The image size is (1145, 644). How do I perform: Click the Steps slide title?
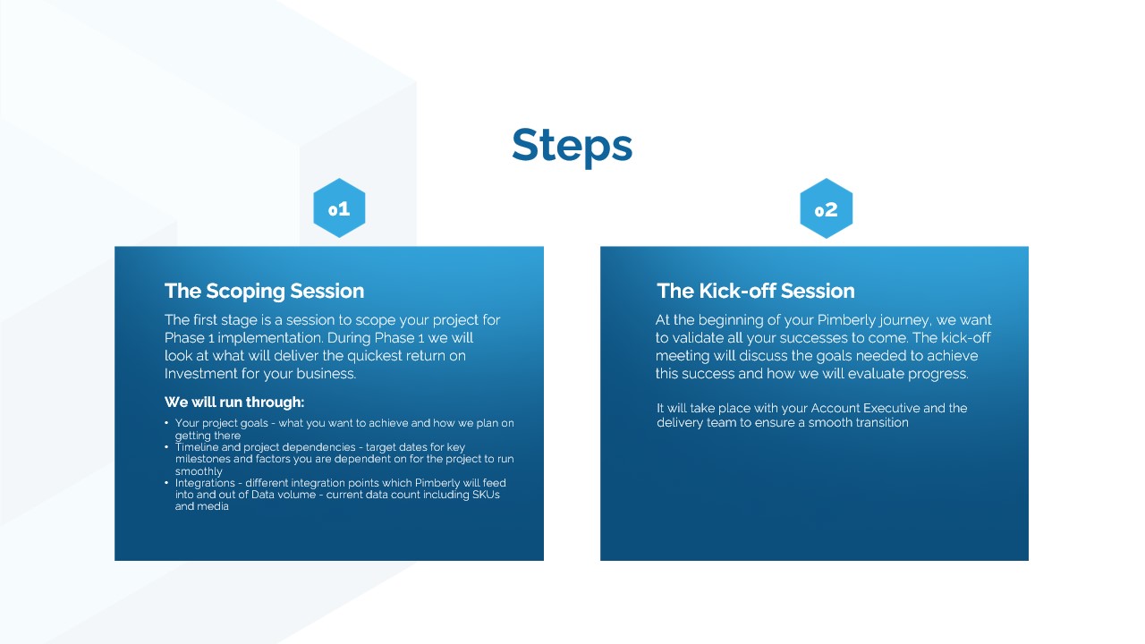[572, 146]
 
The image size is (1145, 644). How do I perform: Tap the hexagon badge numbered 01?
[339, 208]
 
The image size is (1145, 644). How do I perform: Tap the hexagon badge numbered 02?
[826, 208]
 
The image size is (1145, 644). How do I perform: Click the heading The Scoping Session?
[264, 291]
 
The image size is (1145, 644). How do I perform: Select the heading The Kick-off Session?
[756, 291]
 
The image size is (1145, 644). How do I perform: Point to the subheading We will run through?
[234, 402]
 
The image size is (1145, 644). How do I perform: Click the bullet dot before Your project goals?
[166, 423]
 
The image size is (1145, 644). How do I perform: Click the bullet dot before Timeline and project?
[166, 446]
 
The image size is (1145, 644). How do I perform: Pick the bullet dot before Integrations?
[166, 482]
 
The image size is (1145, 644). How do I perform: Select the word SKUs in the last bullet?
[486, 495]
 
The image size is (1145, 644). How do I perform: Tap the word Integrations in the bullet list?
[205, 484]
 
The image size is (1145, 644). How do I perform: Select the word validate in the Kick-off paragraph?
[695, 338]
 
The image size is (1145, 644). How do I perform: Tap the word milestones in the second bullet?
[202, 459]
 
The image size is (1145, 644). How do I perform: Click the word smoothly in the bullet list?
[199, 471]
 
